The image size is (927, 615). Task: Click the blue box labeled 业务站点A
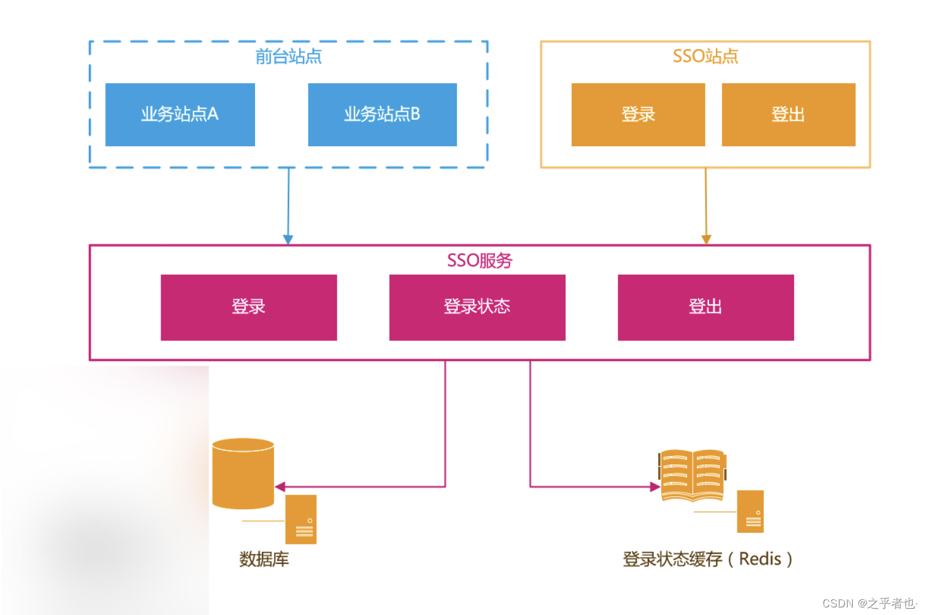(x=179, y=115)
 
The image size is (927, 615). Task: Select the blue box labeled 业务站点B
(x=382, y=115)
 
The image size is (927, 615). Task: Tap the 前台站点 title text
(x=288, y=57)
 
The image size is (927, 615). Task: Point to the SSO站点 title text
(x=705, y=57)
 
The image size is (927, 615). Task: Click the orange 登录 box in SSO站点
(x=638, y=115)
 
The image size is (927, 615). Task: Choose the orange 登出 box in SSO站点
(x=788, y=115)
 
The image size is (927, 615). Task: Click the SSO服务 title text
(x=479, y=260)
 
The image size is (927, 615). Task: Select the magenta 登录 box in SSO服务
(x=249, y=307)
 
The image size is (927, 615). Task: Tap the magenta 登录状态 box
(x=477, y=307)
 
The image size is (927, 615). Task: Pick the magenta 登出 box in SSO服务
(x=705, y=307)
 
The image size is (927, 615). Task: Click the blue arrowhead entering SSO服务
(x=288, y=239)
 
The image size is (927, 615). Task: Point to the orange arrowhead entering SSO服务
(x=706, y=239)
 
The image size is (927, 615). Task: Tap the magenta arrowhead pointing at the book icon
(x=655, y=486)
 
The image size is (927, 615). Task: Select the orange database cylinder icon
(x=243, y=474)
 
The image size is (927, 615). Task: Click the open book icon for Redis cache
(x=692, y=475)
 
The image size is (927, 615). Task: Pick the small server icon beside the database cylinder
(x=301, y=519)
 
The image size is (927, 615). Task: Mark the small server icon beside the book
(x=751, y=512)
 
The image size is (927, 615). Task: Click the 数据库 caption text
(x=264, y=559)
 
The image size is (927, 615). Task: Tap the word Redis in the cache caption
(x=760, y=559)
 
